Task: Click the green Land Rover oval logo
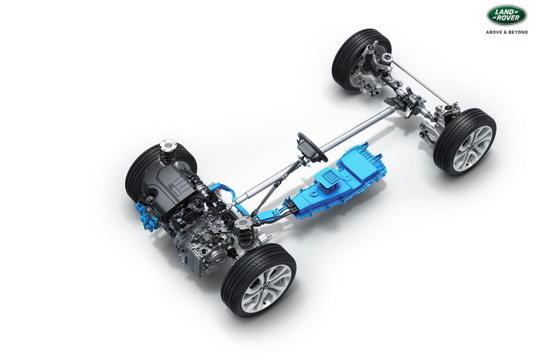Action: pyautogui.click(x=507, y=15)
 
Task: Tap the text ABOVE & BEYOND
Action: pyautogui.click(x=507, y=32)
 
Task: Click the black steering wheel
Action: pyautogui.click(x=311, y=147)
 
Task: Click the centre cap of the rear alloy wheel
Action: pyautogui.click(x=473, y=148)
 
